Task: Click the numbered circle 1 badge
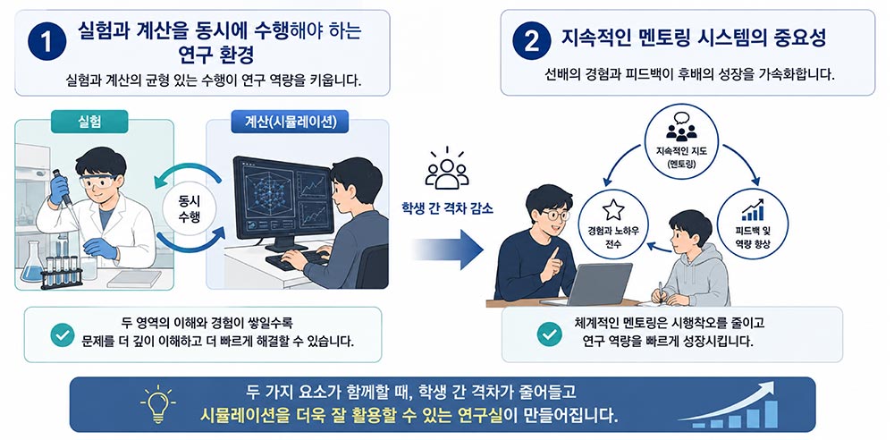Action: coord(46,41)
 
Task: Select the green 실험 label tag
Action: coord(89,122)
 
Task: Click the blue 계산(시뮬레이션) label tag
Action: coord(290,122)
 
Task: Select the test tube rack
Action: coord(62,273)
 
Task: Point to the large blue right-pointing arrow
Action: coord(448,250)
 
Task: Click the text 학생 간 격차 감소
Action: coord(447,208)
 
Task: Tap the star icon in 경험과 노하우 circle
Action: coord(613,209)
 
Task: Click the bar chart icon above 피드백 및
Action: coord(753,209)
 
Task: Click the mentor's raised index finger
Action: coord(554,255)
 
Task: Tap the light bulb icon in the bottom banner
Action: coord(157,404)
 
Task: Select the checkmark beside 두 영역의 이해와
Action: coord(63,334)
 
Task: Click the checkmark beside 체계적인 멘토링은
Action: coord(550,334)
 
